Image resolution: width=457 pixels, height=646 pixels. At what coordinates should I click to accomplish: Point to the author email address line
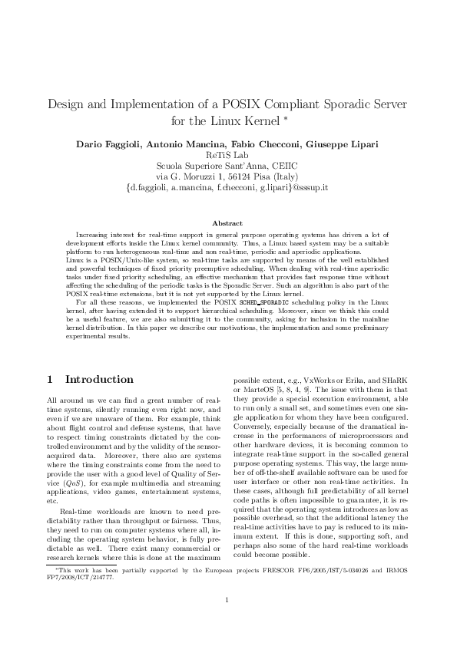point(228,187)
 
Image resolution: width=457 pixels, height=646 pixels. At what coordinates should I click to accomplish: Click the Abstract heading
point(227,223)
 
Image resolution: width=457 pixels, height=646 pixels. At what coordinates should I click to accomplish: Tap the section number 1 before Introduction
point(50,380)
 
